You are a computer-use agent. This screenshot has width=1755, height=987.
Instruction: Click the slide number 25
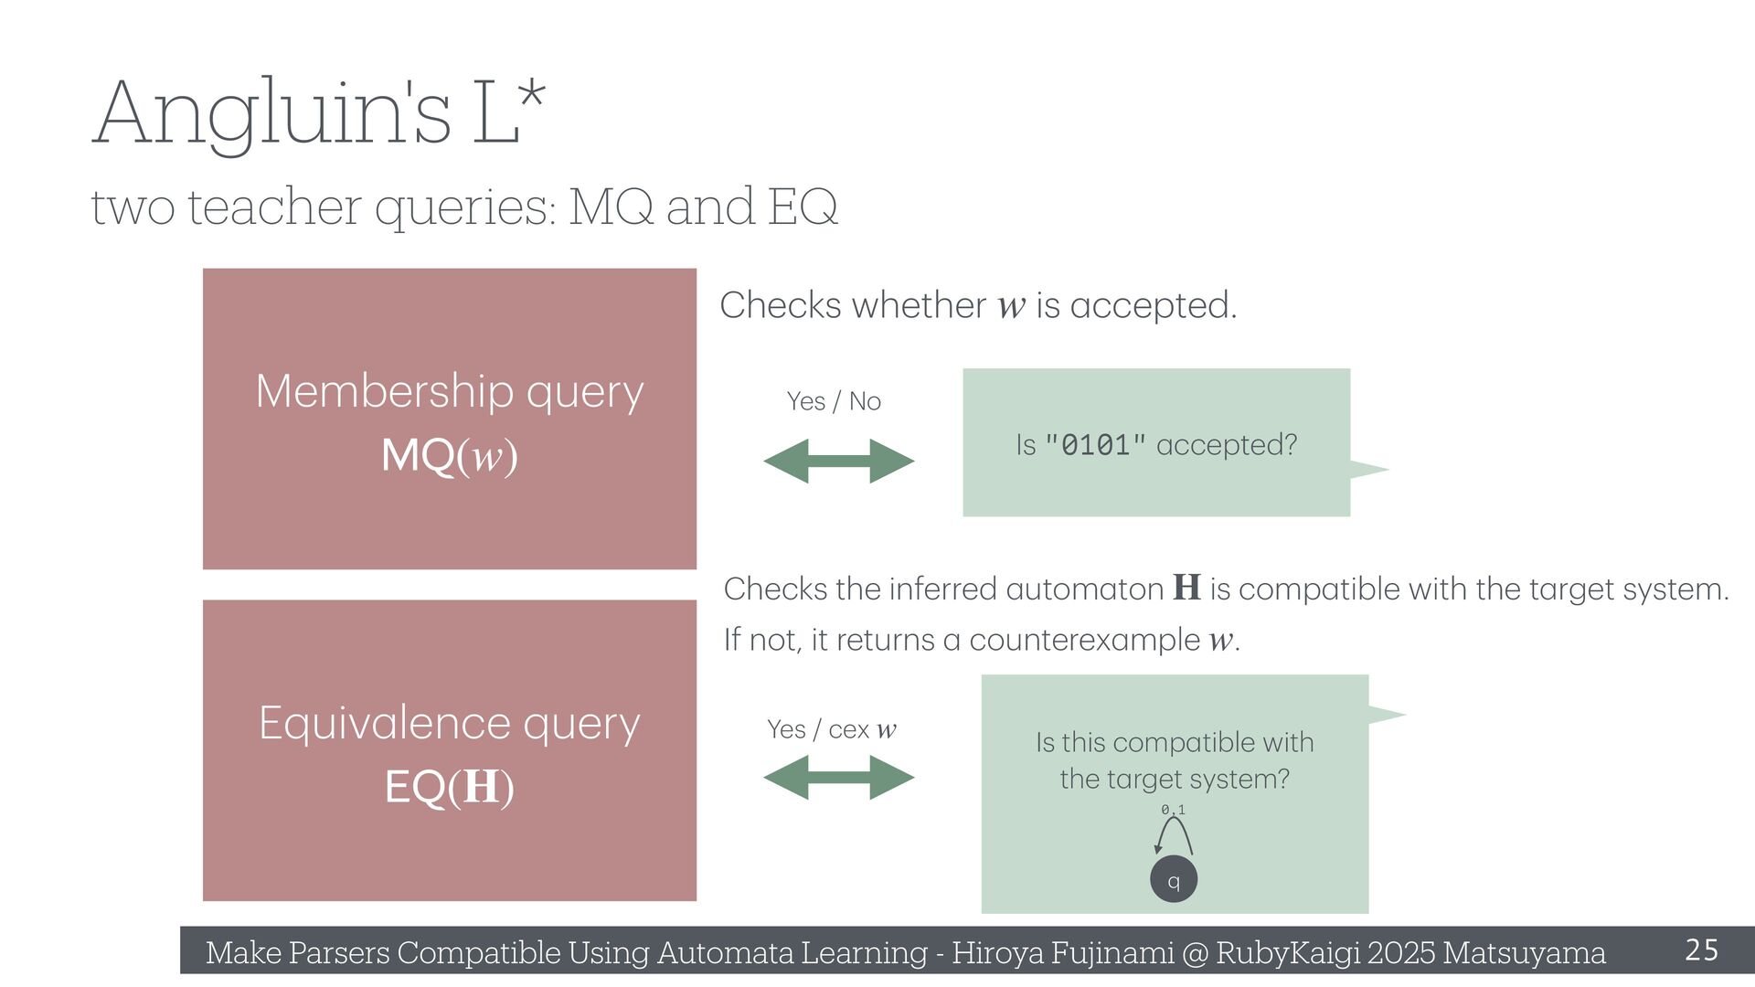click(1701, 950)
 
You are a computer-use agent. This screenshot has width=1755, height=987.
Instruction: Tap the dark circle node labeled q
click(1174, 880)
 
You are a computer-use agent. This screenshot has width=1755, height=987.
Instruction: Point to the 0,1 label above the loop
click(1174, 810)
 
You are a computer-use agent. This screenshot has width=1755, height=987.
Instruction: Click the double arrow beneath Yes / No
click(838, 461)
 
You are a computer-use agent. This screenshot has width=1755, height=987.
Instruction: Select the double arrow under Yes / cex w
click(838, 777)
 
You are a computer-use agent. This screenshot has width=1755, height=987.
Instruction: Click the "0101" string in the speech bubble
click(1095, 445)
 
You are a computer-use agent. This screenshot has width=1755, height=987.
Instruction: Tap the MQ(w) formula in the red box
click(449, 455)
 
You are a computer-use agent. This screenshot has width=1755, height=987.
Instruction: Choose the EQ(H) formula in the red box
click(449, 787)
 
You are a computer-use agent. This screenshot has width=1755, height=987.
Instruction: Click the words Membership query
click(449, 391)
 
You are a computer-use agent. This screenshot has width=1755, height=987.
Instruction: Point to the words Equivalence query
click(449, 723)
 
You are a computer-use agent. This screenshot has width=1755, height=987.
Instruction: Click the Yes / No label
click(834, 401)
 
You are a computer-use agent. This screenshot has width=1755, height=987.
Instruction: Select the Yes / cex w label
click(832, 729)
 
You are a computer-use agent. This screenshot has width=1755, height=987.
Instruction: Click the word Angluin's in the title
click(271, 114)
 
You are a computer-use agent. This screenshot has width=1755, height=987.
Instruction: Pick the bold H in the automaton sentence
click(1186, 588)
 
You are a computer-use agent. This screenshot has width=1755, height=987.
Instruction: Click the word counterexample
click(1084, 640)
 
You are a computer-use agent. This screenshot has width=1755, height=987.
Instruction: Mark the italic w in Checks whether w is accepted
click(1011, 306)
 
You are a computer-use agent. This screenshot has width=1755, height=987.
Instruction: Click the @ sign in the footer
click(1195, 952)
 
